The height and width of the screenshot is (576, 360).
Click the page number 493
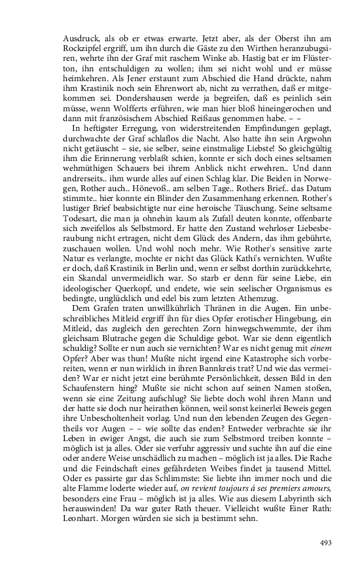point(326,543)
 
